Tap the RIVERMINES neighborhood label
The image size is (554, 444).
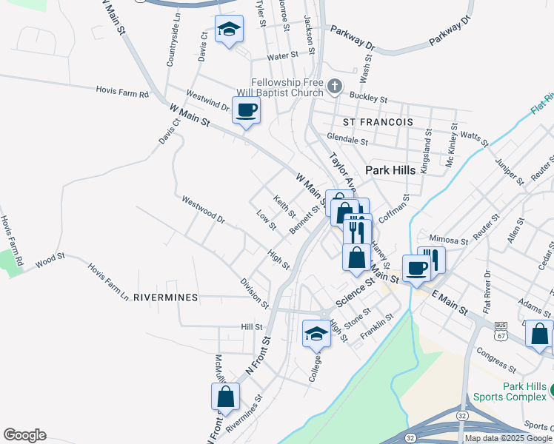[x=166, y=297]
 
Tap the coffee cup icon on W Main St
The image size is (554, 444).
[x=246, y=111]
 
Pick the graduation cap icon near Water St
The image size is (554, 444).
[x=229, y=31]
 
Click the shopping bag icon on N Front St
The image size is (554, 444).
[x=225, y=397]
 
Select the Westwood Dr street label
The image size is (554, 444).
[x=203, y=209]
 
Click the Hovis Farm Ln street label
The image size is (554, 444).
[x=108, y=280]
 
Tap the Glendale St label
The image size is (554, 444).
[x=347, y=139]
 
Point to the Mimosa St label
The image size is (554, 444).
[x=450, y=240]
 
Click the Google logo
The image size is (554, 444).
[x=24, y=435]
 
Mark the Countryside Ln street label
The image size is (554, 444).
[x=175, y=44]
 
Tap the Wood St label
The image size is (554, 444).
[x=50, y=259]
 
